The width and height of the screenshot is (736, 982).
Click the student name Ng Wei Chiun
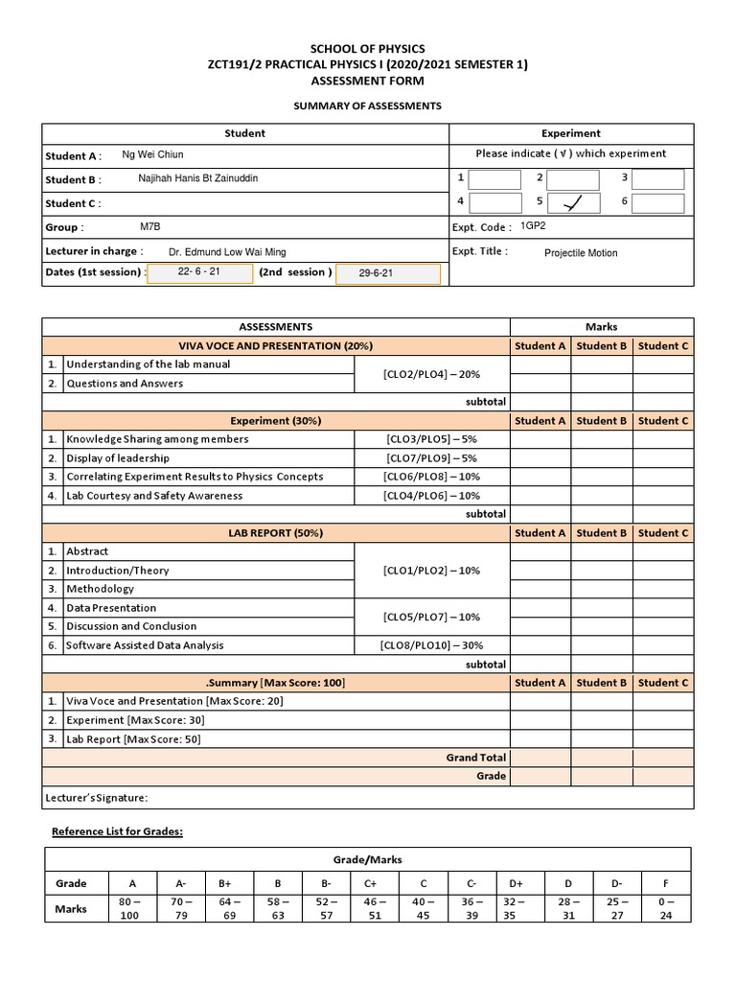152,154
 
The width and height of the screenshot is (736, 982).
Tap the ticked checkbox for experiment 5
573,202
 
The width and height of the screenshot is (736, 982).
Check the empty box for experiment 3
659,179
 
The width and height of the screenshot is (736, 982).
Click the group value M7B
151,227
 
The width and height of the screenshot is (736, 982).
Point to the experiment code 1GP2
534,226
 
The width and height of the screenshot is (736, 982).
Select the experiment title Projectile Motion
581,253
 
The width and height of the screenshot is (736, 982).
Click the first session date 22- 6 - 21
199,272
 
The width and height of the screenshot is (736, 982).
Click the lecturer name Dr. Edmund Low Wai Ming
227,251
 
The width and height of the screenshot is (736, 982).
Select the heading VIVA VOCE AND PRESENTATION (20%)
276,345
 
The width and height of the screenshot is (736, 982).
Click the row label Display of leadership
118,457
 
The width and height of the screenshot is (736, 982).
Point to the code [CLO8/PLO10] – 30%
431,645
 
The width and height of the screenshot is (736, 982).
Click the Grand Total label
475,758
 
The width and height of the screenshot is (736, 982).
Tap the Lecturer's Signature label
97,798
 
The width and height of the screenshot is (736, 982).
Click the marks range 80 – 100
130,908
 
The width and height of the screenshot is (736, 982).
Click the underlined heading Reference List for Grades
117,831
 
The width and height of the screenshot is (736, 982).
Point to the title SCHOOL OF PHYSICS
368,48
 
